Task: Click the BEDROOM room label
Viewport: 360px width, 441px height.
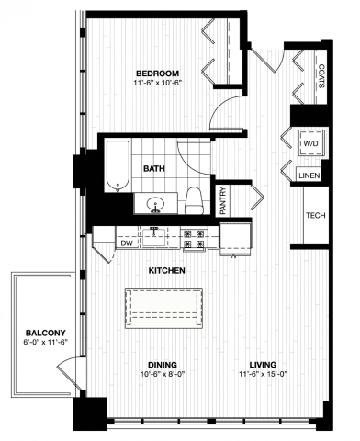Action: (157, 73)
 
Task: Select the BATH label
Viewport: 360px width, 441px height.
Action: (154, 168)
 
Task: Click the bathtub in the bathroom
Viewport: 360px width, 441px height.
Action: (117, 165)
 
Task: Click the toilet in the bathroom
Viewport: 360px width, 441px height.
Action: (194, 198)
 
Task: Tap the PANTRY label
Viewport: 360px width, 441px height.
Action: (223, 201)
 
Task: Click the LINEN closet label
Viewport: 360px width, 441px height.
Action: (309, 175)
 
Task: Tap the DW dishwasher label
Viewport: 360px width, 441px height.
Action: (127, 243)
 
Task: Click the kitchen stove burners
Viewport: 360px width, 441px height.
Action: (196, 239)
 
